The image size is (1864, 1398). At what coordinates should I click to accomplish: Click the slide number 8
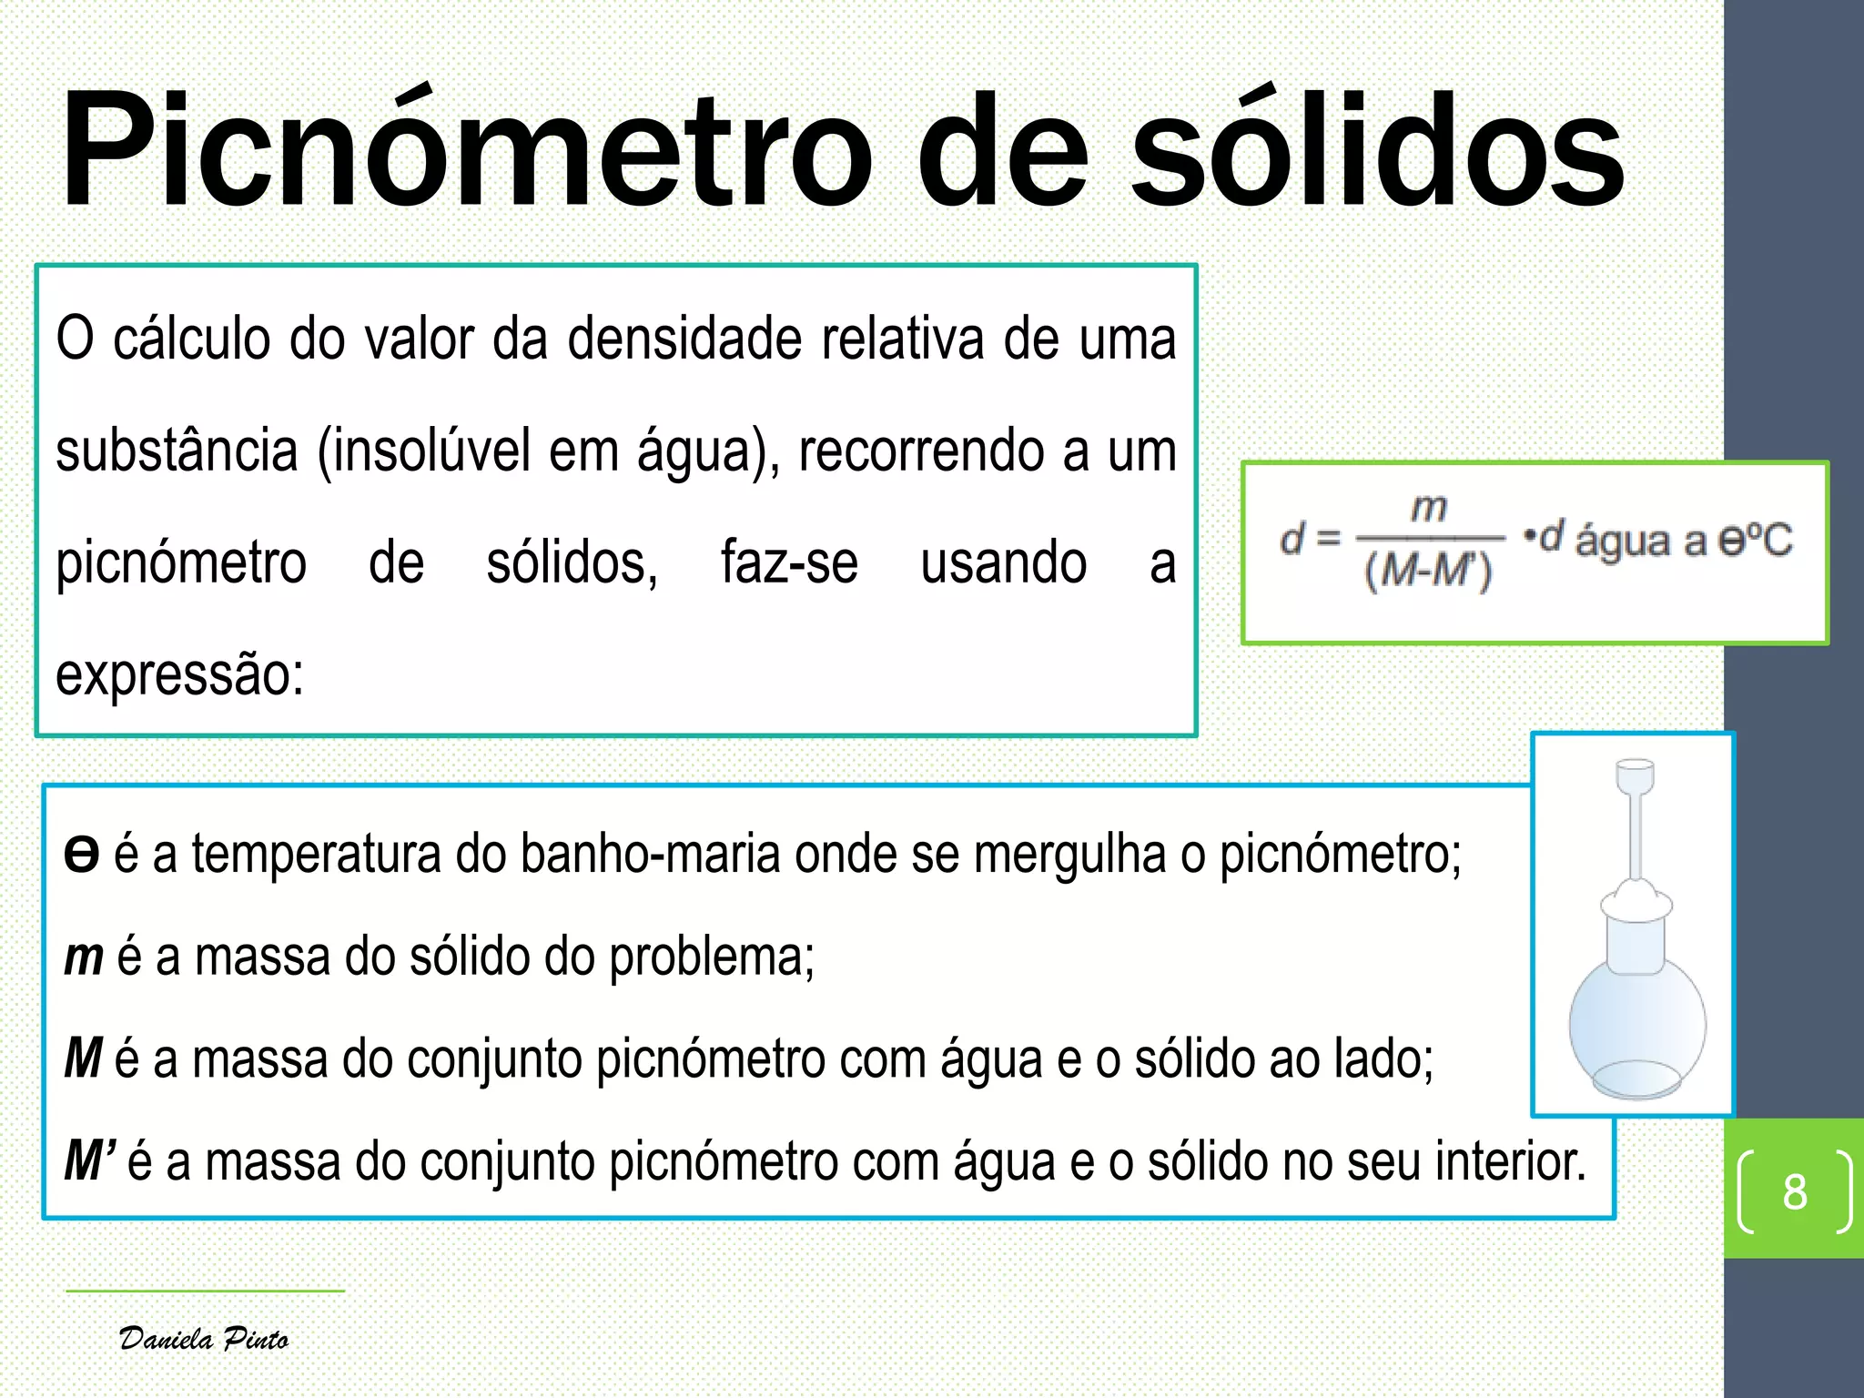1794,1191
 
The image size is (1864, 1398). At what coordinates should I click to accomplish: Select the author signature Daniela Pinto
204,1339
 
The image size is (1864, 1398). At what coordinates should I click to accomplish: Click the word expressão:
179,674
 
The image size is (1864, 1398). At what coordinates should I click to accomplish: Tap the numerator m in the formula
1429,508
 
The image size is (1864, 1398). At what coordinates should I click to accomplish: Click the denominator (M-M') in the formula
1429,572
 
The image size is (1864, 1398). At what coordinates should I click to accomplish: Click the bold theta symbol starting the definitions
81,855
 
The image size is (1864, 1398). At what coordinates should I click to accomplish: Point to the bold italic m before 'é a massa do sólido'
84,957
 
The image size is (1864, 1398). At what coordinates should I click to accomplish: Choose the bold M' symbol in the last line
89,1162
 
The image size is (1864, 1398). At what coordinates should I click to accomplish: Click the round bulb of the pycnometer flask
1636,1024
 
